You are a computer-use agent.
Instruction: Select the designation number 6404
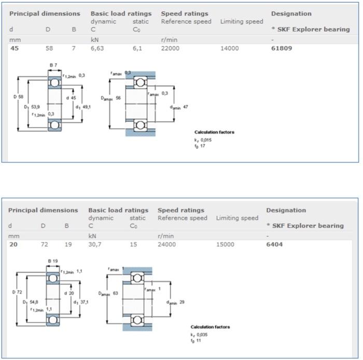(x=275, y=244)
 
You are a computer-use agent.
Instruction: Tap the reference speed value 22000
(x=171, y=48)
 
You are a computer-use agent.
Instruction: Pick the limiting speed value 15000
(x=225, y=244)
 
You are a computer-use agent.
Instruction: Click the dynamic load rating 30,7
(x=95, y=244)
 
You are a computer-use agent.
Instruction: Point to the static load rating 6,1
(x=137, y=48)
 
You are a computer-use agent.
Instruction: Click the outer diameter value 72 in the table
(x=45, y=244)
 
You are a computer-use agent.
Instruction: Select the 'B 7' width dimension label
(x=53, y=65)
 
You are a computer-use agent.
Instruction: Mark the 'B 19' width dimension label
(x=53, y=261)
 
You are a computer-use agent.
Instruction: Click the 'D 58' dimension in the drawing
(x=18, y=97)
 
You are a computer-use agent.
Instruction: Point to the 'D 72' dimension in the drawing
(x=17, y=292)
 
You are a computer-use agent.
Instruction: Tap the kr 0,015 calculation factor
(x=203, y=139)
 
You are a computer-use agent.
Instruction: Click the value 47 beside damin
(x=186, y=107)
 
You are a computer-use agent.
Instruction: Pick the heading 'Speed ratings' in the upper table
(x=184, y=13)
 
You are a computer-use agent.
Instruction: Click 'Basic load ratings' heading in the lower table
(x=118, y=210)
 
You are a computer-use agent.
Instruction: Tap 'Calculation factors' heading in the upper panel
(x=214, y=132)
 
